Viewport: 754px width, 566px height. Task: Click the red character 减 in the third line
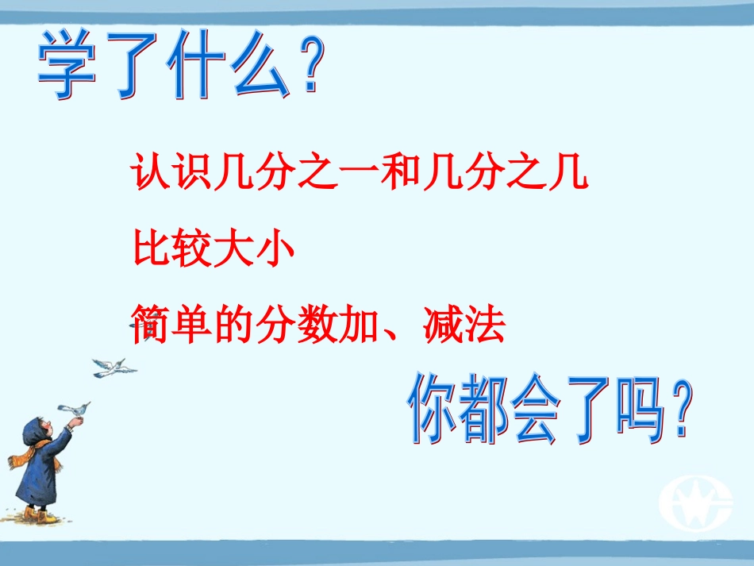coord(440,325)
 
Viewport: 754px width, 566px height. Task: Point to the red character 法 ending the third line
coord(484,325)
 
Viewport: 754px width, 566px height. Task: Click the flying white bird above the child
coord(113,368)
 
